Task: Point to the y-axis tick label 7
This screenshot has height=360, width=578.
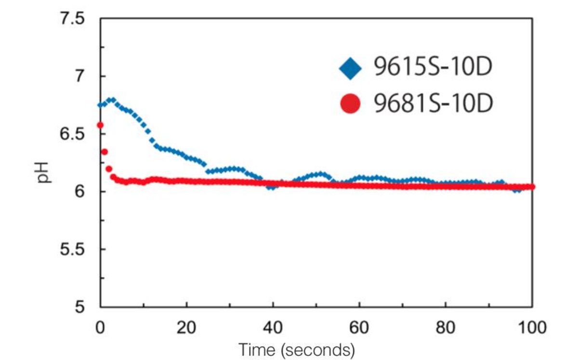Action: tap(79, 77)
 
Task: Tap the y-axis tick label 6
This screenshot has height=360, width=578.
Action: tap(79, 192)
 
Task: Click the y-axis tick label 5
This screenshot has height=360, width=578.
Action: tap(79, 307)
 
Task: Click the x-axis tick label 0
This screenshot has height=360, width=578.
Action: tap(101, 329)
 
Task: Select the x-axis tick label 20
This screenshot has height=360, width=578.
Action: tap(186, 329)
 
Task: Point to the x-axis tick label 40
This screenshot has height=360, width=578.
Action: tap(273, 329)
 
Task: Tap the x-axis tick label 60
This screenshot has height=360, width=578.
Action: tap(359, 329)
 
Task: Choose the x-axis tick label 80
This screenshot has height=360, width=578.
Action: tap(446, 329)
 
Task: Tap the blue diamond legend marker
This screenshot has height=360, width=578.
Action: tap(350, 69)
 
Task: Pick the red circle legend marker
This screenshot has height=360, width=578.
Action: tap(350, 103)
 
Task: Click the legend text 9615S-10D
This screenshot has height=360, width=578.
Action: tap(433, 69)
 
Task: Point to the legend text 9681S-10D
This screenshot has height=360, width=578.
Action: tap(433, 103)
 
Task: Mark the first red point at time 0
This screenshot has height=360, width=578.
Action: tap(100, 125)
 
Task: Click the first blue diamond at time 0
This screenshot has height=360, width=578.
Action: tap(100, 105)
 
